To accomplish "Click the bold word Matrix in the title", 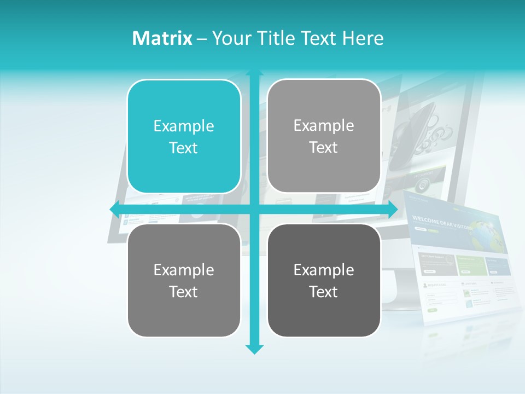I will (x=162, y=38).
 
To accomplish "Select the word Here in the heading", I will (x=363, y=38).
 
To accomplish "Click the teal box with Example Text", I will (x=184, y=137).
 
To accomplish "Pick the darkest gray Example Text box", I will (x=324, y=280).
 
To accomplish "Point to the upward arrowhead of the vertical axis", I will (x=254, y=72).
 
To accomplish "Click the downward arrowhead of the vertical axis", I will (x=254, y=349).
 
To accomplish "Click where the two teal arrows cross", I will (x=254, y=208).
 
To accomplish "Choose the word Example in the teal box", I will (x=184, y=126).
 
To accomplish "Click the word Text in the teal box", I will (x=184, y=148).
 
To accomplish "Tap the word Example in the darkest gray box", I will (x=324, y=270).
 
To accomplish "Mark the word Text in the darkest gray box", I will (x=324, y=292).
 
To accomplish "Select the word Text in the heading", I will (x=319, y=38).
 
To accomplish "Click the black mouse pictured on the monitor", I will (x=418, y=123).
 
